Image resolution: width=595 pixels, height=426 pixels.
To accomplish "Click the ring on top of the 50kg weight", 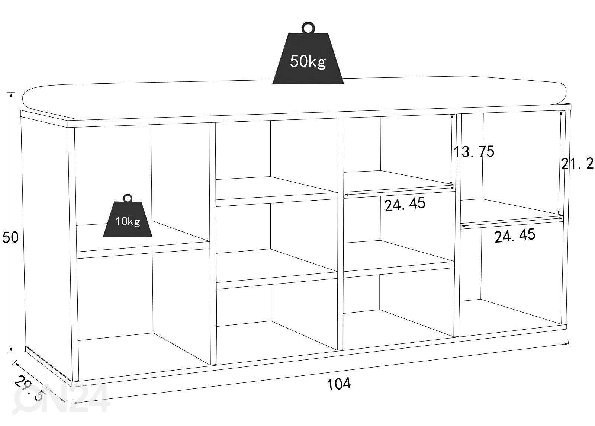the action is (x=308, y=28).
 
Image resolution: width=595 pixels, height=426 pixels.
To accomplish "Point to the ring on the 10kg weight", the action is (x=128, y=198).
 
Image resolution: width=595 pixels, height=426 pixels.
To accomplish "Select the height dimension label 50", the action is (x=10, y=237).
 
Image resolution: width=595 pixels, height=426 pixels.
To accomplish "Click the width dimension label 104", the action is (x=339, y=384).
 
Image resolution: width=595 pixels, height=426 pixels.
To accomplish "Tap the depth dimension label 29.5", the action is (x=28, y=388).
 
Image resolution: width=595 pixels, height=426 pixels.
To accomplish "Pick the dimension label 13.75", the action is (x=474, y=152).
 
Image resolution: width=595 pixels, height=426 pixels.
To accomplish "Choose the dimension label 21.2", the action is (x=577, y=163).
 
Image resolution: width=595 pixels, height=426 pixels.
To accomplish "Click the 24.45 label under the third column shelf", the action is (x=405, y=204).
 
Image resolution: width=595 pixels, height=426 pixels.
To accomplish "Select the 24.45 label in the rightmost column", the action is (x=515, y=236).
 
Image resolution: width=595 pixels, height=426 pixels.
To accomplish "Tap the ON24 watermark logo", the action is (x=61, y=399).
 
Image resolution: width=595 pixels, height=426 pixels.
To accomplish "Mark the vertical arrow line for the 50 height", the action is (x=11, y=222).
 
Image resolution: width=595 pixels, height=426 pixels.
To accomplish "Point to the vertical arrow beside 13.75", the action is (x=451, y=150).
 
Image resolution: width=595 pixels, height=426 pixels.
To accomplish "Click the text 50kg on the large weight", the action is (x=308, y=61).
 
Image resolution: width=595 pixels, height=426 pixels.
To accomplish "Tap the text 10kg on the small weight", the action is (x=128, y=221).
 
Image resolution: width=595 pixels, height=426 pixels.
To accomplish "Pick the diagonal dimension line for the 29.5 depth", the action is (x=39, y=382).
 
